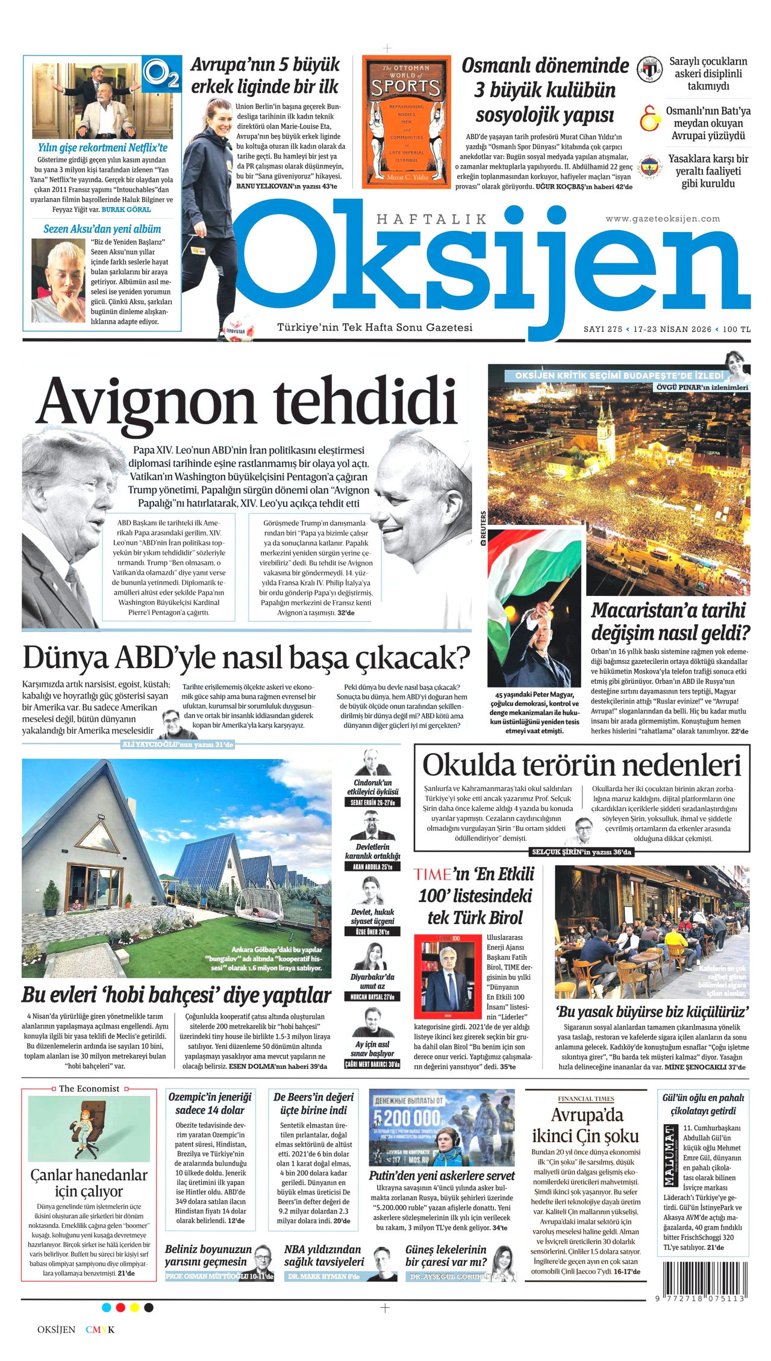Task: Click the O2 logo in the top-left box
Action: [161, 73]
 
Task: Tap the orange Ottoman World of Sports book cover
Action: [407, 122]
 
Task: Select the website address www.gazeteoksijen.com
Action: [663, 219]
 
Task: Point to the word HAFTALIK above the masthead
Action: [431, 219]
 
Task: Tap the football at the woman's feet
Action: [237, 327]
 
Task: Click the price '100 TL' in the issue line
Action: [737, 330]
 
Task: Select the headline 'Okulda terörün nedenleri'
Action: [581, 766]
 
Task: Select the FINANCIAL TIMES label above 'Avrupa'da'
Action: [585, 1099]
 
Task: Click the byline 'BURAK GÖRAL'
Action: [126, 209]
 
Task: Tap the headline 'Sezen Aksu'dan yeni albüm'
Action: [102, 229]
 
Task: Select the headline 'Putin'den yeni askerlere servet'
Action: [442, 1175]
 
